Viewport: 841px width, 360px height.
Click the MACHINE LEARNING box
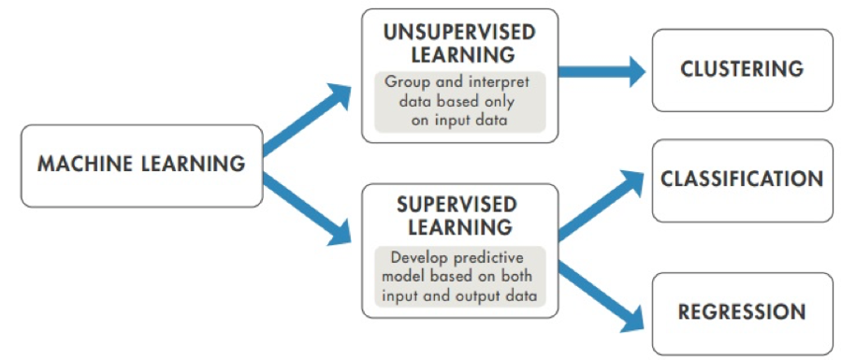[x=141, y=165]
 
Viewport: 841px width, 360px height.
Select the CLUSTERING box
[x=742, y=69]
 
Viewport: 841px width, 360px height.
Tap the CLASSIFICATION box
[x=742, y=179]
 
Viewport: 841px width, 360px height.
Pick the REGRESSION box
[x=742, y=311]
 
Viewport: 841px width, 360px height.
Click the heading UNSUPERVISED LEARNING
[x=459, y=43]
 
